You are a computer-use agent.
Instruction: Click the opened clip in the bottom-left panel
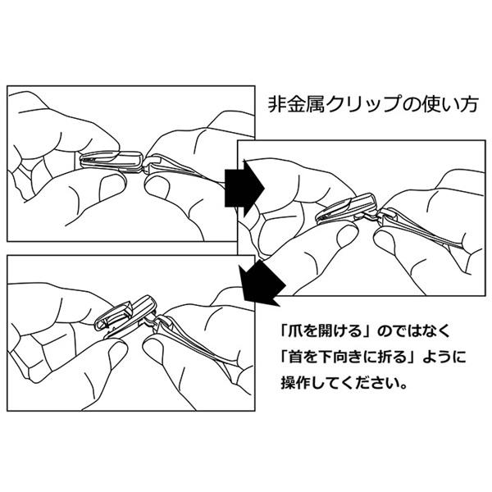pos(123,319)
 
